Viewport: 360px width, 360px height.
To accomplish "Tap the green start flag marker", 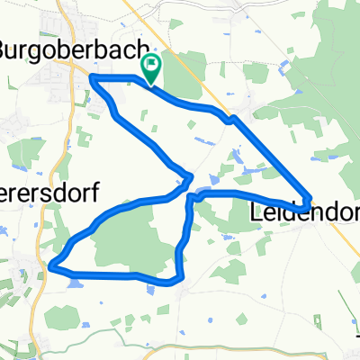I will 151,66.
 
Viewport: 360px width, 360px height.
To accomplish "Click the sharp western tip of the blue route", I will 51,265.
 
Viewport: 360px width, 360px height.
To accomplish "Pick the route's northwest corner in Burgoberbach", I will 93,79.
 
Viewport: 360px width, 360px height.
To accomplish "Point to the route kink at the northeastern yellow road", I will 232,117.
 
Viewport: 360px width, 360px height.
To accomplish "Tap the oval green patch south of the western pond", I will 60,317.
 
